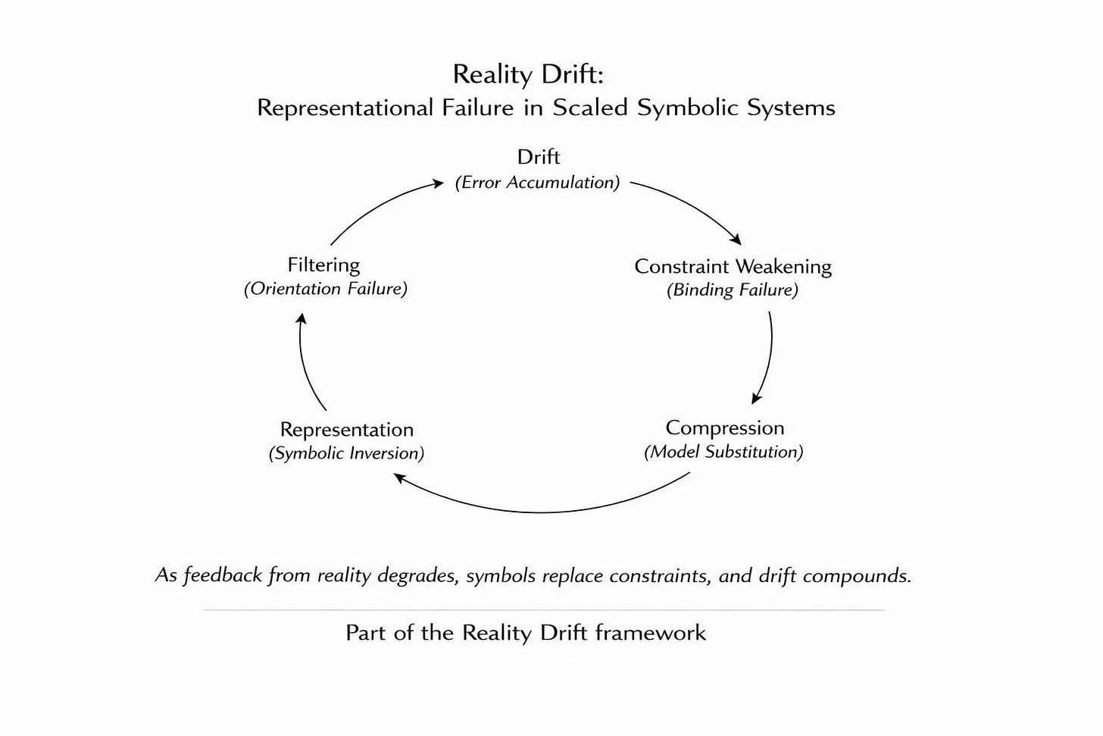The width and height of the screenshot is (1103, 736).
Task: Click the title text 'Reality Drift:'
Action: tap(528, 74)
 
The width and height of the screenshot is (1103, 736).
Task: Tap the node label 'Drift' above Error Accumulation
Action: tap(538, 157)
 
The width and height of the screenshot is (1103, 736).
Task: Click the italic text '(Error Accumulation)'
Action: tap(537, 183)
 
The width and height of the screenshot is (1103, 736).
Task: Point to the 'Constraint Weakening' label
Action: tap(733, 266)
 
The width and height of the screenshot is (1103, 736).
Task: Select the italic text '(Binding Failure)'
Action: tap(732, 290)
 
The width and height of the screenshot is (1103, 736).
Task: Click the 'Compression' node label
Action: tap(724, 428)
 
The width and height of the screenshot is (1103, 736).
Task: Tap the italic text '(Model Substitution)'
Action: tap(723, 452)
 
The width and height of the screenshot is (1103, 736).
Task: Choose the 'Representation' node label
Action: tap(346, 429)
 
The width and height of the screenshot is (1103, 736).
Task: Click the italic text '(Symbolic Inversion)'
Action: tap(346, 453)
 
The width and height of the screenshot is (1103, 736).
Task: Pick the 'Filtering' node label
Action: tap(323, 265)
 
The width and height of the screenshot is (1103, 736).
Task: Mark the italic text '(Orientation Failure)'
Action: tap(325, 289)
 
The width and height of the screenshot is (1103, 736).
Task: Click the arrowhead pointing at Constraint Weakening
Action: tap(736, 240)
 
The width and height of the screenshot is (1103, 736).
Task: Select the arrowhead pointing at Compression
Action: tap(756, 399)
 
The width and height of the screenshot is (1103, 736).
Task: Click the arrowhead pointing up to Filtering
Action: tap(301, 318)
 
